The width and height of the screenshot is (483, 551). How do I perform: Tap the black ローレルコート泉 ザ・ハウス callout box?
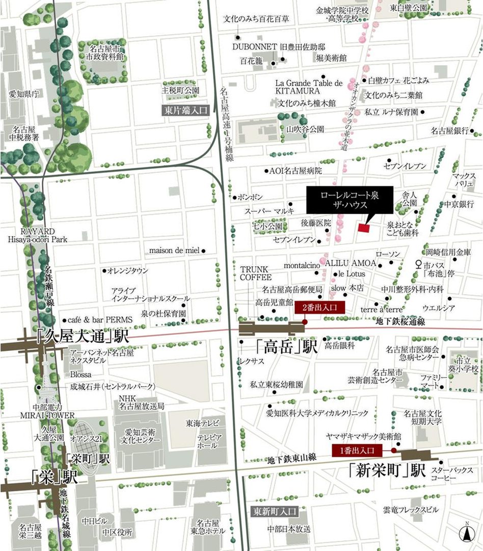click(x=350, y=199)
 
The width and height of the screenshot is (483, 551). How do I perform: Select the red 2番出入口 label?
click(x=320, y=307)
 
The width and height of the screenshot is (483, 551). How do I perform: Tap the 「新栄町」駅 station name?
click(x=387, y=470)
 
